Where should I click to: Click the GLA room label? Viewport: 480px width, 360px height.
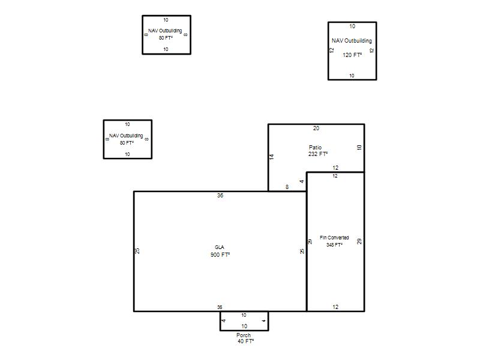click(x=219, y=247)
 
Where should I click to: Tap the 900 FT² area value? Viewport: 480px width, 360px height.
click(x=220, y=254)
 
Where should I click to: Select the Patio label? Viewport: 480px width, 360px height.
click(x=316, y=147)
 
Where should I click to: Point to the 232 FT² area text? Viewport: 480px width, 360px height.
click(x=318, y=154)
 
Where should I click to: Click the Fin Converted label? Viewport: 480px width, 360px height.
click(x=334, y=238)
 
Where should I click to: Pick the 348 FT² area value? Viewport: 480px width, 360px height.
click(x=334, y=245)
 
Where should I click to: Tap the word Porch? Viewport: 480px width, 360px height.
click(x=244, y=335)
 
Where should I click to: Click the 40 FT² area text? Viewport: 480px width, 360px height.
click(x=246, y=341)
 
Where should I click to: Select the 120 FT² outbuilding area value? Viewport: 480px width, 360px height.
click(x=352, y=55)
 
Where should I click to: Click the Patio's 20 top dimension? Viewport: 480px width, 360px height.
click(x=316, y=128)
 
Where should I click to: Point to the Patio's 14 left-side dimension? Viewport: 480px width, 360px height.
click(x=272, y=157)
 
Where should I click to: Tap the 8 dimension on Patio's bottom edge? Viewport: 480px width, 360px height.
click(x=287, y=187)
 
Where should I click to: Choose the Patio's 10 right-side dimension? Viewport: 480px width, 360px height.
click(x=359, y=147)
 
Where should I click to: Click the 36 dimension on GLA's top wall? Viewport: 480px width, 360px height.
click(x=220, y=196)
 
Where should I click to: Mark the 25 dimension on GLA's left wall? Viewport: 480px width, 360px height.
click(x=137, y=251)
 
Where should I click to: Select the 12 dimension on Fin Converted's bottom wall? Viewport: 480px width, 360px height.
click(x=335, y=307)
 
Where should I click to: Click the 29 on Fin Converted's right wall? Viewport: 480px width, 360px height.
click(x=359, y=242)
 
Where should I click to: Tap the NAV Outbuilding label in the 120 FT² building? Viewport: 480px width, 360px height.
click(x=352, y=41)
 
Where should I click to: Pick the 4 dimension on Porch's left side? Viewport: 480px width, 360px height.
click(x=224, y=321)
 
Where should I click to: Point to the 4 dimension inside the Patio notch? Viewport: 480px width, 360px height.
click(x=302, y=182)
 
